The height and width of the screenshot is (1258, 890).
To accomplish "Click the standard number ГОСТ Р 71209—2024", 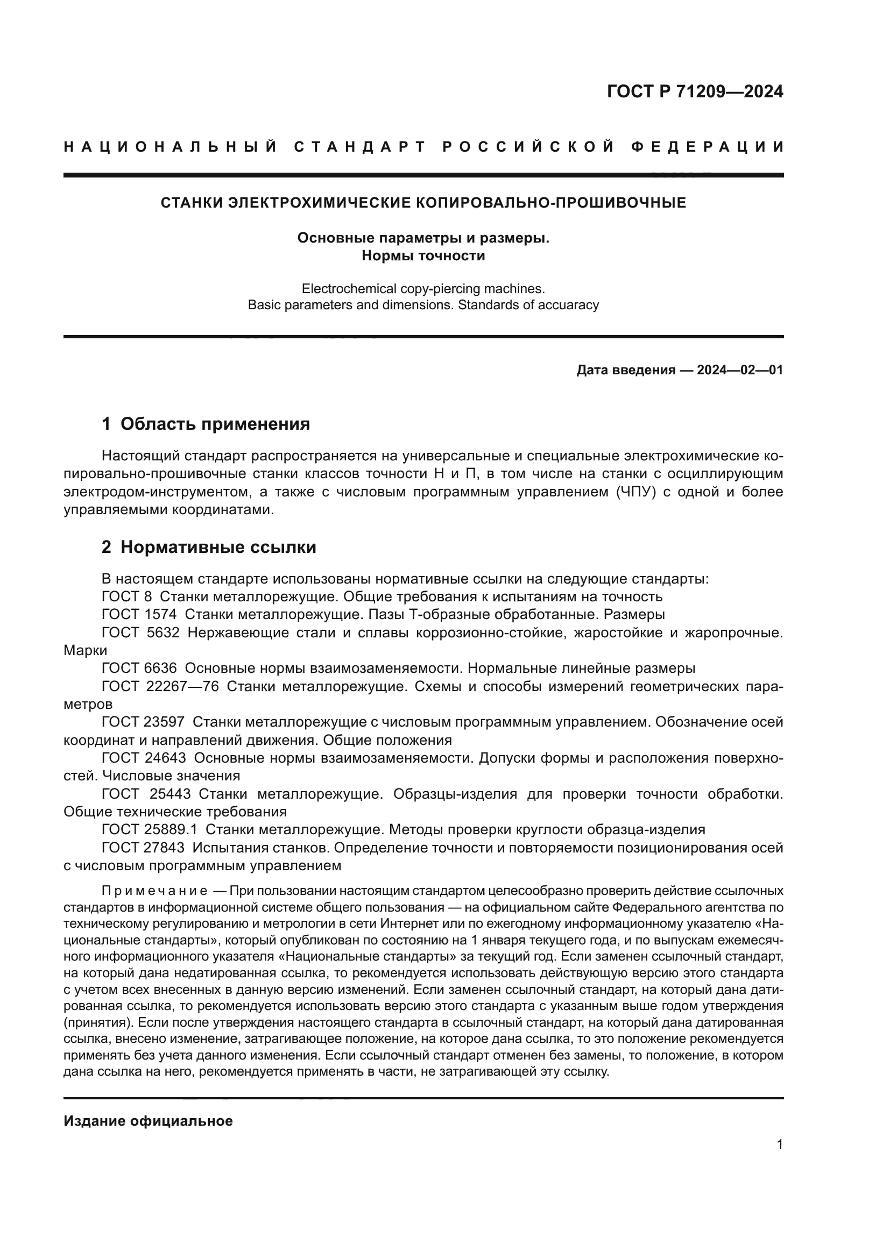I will pyautogui.click(x=694, y=91).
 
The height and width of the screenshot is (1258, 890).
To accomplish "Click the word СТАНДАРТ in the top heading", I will pyautogui.click(x=360, y=147).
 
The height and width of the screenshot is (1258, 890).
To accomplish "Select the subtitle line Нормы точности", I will pyautogui.click(x=423, y=255).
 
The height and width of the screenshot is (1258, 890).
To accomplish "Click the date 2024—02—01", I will pyautogui.click(x=740, y=370).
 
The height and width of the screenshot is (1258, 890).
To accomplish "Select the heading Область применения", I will pyautogui.click(x=215, y=423).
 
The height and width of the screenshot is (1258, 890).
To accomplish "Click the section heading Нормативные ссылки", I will pyautogui.click(x=218, y=547).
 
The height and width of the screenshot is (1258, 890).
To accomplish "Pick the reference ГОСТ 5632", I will pyautogui.click(x=140, y=632).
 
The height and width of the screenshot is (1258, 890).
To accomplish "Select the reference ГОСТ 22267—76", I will pyautogui.click(x=160, y=686).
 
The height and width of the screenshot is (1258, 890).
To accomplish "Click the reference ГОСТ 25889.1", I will pyautogui.click(x=150, y=829).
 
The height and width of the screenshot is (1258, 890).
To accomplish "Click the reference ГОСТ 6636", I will pyautogui.click(x=139, y=668).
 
